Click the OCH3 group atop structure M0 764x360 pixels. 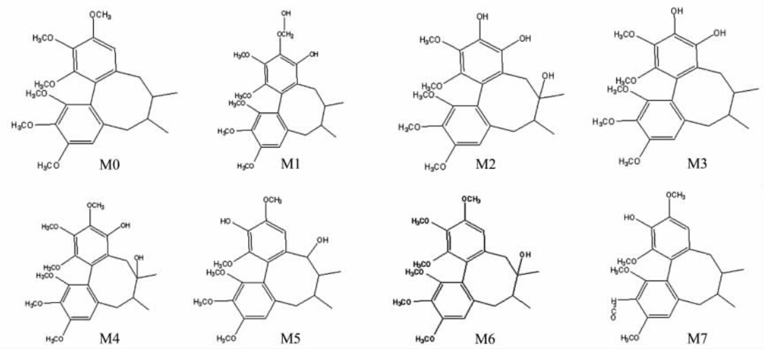pyautogui.click(x=101, y=14)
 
